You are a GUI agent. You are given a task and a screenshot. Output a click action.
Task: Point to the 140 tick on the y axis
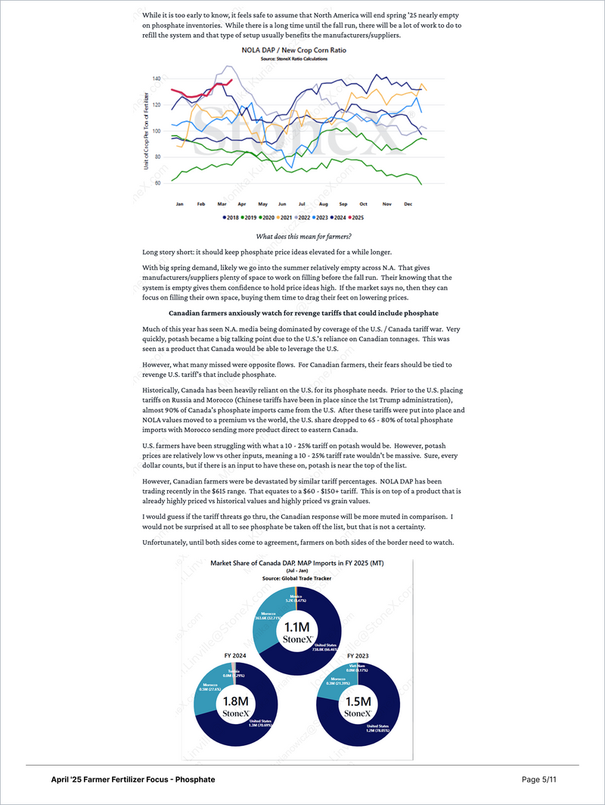pyautogui.click(x=157, y=79)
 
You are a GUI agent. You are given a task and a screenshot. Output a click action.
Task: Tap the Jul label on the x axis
pyautogui.click(x=301, y=204)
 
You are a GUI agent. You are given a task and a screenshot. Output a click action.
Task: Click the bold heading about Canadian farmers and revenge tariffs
pyautogui.click(x=302, y=312)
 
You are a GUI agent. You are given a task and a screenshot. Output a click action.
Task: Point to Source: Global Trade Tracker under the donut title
pyautogui.click(x=297, y=578)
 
